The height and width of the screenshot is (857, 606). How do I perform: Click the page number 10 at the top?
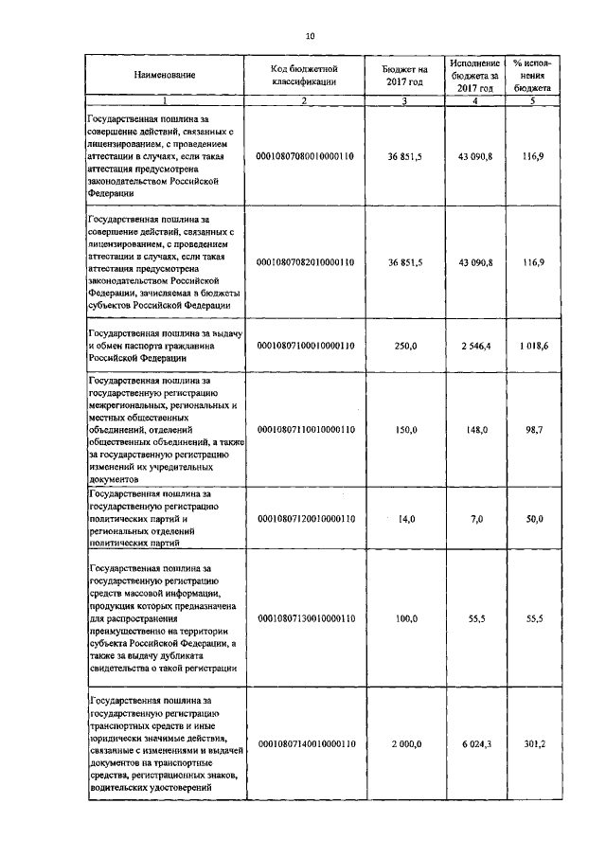[310, 36]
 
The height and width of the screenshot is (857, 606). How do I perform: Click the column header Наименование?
[165, 75]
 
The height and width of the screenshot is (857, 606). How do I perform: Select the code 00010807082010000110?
[306, 261]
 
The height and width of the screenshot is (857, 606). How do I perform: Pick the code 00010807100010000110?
[306, 347]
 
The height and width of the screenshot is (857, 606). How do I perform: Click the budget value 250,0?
[406, 347]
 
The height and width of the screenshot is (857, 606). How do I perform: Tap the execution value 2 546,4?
[473, 347]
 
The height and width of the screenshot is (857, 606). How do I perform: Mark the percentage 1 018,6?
[535, 347]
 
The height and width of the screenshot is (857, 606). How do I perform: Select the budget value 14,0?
[406, 519]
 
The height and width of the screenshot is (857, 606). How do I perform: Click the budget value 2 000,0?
[404, 744]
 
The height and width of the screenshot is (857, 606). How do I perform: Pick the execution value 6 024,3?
[473, 744]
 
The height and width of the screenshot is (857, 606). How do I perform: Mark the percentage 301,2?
[535, 744]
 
